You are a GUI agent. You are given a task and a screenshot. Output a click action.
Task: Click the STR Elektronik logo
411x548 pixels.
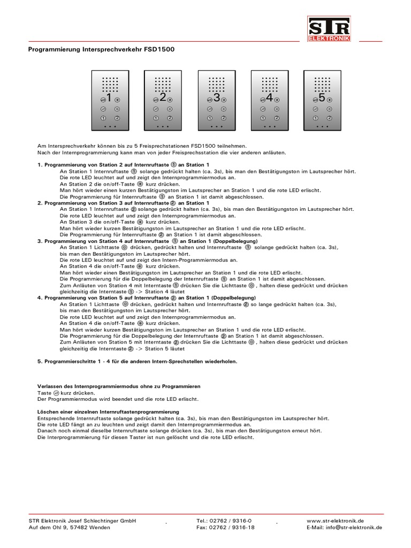tap(329, 29)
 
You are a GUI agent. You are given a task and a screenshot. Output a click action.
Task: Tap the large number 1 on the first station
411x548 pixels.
tap(109, 98)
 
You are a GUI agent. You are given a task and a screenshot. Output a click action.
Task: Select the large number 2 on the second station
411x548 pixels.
tap(162, 98)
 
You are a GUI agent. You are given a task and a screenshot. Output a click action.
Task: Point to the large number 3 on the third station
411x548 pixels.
tap(216, 98)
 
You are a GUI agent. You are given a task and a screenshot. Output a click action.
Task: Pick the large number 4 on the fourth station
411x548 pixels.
tap(269, 98)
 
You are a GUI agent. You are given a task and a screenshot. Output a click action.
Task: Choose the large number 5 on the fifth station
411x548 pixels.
tap(322, 98)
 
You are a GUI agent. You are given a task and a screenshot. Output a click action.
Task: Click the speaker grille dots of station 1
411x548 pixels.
tap(110, 85)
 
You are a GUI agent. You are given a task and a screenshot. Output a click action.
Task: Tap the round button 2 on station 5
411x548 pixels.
tap(330, 117)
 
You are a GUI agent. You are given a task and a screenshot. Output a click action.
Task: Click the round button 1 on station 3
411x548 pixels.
tap(209, 117)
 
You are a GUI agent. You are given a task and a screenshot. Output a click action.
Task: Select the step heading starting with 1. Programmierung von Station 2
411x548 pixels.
tap(123, 164)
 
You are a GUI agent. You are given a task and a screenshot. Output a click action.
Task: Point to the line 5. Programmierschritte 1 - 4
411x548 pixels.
tap(137, 361)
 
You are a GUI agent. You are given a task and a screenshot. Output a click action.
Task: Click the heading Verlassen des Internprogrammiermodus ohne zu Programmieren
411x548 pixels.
tap(119, 386)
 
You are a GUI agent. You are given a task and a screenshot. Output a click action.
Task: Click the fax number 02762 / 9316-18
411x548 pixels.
tap(225, 527)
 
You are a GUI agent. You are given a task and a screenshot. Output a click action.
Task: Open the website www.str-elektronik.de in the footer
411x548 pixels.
tap(336, 520)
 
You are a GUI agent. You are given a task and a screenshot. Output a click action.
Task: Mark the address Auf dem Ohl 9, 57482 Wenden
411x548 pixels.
tap(70, 527)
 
